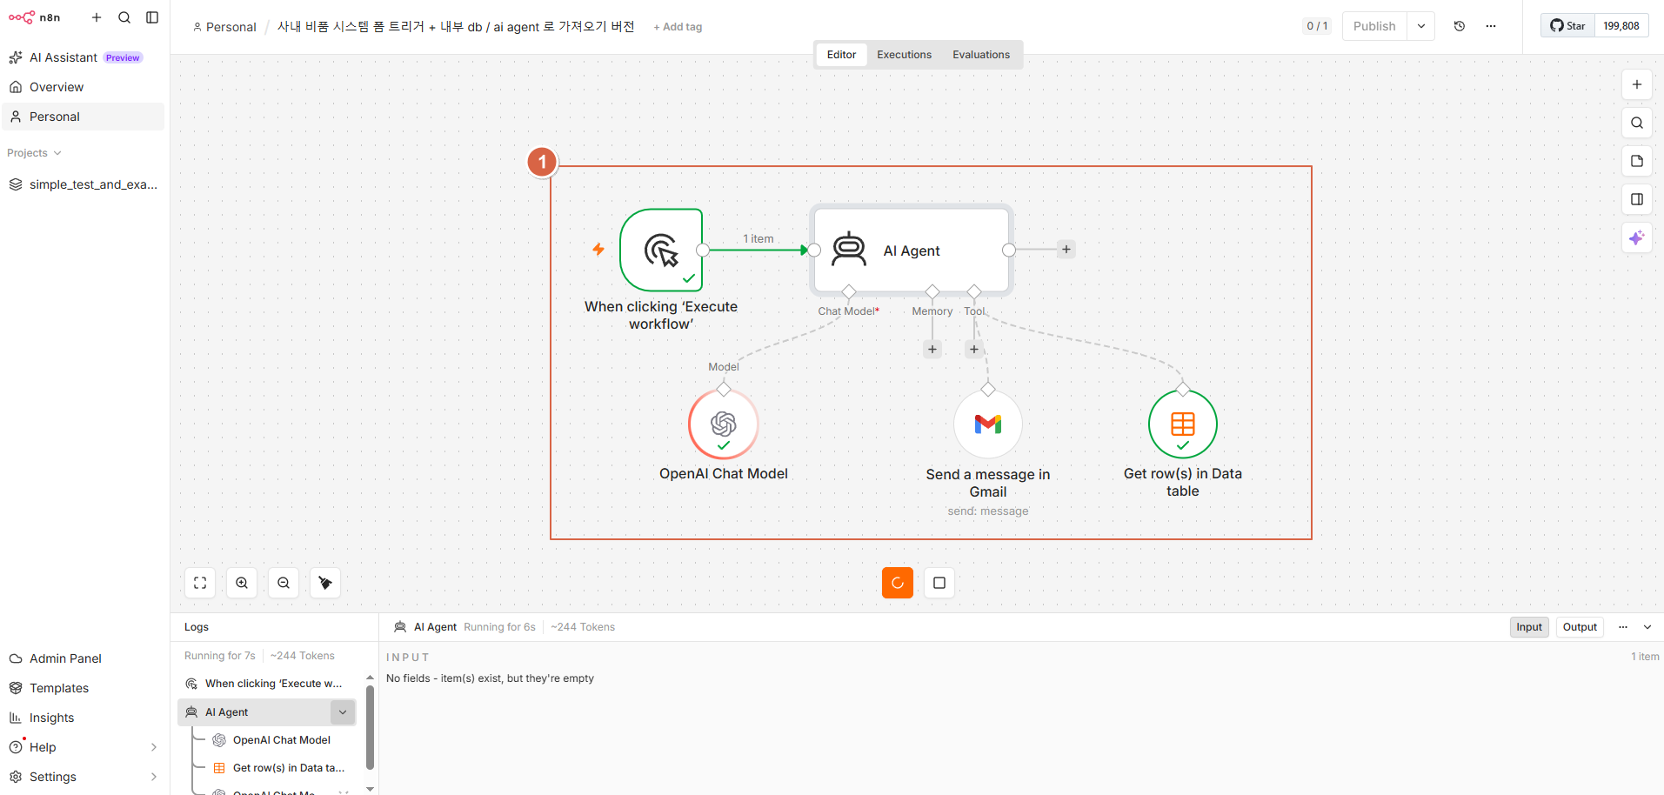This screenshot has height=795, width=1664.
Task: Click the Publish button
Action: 1374,26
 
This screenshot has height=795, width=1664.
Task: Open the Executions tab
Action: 904,55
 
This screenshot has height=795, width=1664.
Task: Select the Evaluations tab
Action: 981,55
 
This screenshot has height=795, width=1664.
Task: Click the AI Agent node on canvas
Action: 912,251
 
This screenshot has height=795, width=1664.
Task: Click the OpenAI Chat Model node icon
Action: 724,424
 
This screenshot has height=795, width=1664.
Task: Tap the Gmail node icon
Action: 988,424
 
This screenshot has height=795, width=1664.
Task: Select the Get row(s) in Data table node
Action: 1183,424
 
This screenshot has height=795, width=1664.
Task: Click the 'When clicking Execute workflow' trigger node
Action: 661,250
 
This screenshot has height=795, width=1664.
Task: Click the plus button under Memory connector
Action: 932,349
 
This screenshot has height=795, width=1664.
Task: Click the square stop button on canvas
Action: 939,583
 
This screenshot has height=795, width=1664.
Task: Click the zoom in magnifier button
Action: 242,583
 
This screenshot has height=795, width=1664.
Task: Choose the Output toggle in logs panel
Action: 1580,627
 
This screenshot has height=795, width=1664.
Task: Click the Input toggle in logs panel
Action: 1529,627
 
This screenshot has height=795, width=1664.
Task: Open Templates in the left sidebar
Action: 59,688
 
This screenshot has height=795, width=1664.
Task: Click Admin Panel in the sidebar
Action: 65,658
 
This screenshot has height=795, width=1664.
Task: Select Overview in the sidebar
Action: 57,87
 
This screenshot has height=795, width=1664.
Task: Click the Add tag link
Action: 678,27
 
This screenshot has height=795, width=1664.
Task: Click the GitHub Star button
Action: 1568,26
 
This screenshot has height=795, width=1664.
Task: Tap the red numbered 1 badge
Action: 542,162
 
